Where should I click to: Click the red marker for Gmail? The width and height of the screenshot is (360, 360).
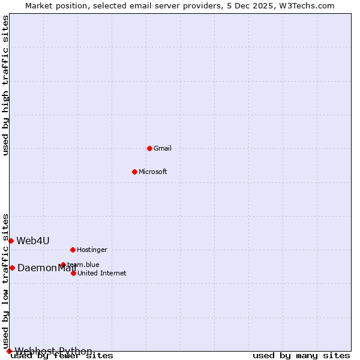tap(149, 148)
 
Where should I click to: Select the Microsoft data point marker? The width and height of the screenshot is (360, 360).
tap(134, 172)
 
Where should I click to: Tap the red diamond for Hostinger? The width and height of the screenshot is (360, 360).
tap(73, 250)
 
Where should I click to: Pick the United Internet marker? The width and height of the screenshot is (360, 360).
tap(73, 273)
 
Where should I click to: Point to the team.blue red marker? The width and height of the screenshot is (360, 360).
tap(63, 265)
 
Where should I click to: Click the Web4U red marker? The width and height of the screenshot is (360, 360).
tap(11, 241)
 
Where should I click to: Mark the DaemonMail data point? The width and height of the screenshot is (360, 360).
tap(12, 268)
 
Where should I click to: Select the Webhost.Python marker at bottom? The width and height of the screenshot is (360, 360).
tap(9, 351)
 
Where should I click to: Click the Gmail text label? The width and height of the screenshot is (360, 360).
tap(163, 148)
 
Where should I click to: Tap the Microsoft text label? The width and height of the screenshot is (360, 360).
tap(153, 172)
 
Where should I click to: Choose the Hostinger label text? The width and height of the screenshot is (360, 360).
tap(92, 250)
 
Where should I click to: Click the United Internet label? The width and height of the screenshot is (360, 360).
tap(102, 273)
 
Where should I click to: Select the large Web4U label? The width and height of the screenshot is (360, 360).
tap(33, 241)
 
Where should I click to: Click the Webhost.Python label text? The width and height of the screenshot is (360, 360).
tap(53, 352)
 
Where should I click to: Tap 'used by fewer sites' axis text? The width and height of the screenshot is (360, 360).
tap(62, 356)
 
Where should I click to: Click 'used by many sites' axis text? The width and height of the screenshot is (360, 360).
tap(301, 356)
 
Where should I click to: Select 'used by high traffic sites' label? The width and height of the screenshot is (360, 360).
tap(5, 86)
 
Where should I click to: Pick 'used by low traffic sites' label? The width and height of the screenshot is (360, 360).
tap(5, 281)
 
